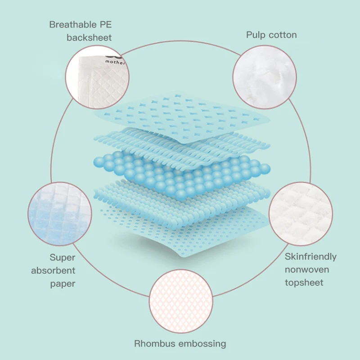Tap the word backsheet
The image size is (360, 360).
click(89, 38)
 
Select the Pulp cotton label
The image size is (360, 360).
click(271, 35)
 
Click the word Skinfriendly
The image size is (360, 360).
click(310, 256)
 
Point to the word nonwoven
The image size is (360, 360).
click(307, 270)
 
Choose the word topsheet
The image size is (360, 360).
click(304, 283)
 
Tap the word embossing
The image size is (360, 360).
click(202, 344)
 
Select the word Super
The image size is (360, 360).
click(63, 258)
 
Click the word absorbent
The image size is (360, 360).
click(53, 271)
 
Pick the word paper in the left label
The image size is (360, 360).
click(63, 284)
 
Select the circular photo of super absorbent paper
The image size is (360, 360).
click(59, 213)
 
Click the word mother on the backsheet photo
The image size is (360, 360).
click(116, 63)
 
